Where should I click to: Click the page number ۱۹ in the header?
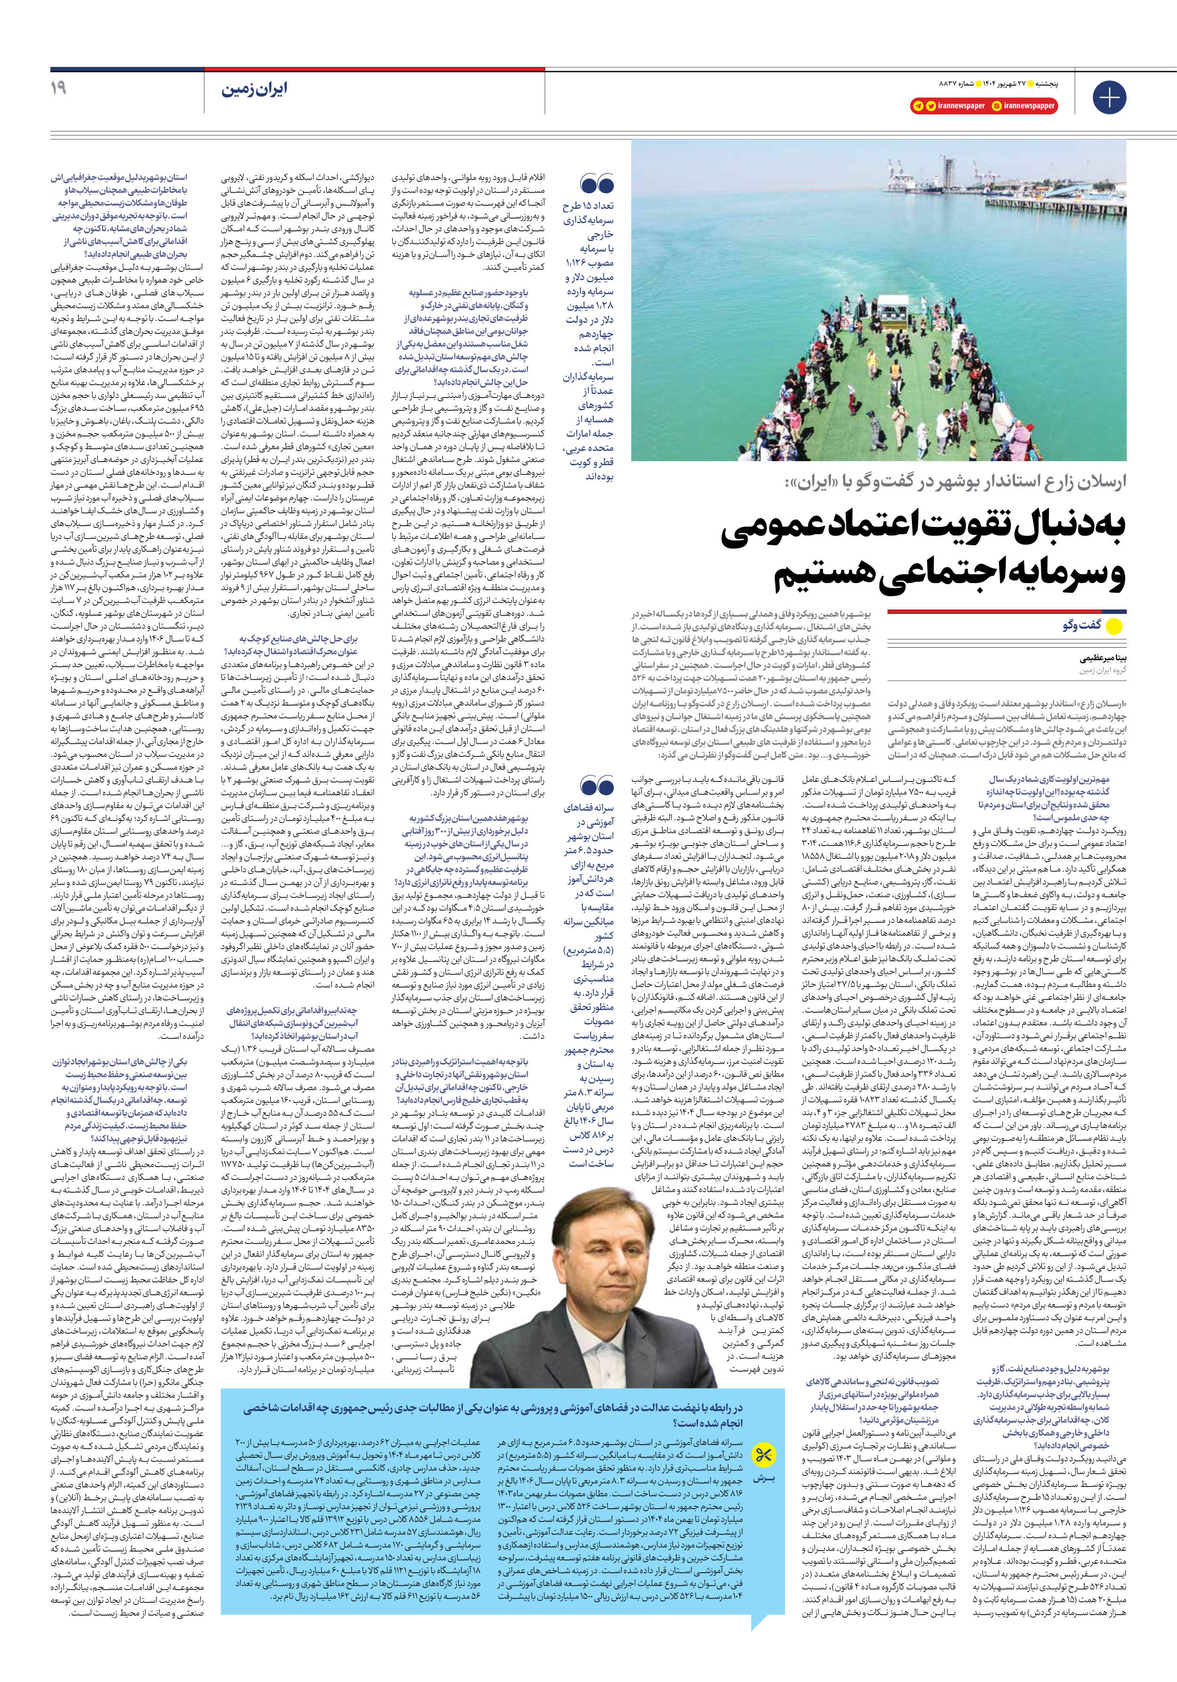(58, 88)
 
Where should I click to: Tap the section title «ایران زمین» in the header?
(255, 89)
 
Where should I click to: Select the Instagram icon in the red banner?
(996, 106)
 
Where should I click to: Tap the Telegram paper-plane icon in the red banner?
(917, 106)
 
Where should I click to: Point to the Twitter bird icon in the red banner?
(930, 106)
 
